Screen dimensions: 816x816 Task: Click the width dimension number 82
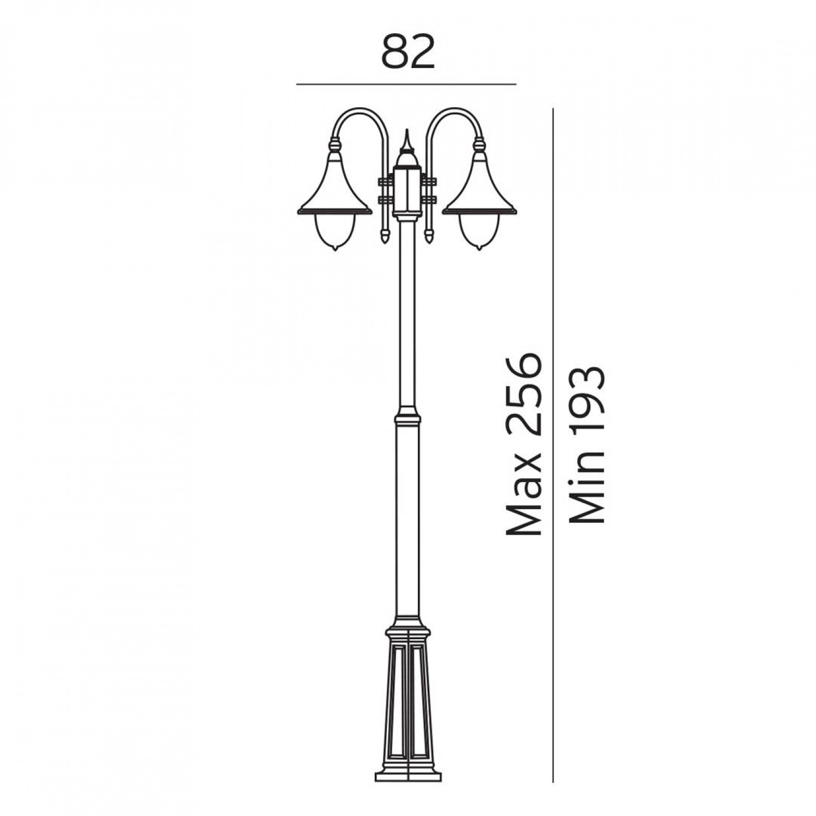(408, 53)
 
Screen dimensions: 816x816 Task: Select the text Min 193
(586, 444)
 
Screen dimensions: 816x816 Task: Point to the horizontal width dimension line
(406, 85)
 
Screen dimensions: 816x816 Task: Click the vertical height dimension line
(553, 445)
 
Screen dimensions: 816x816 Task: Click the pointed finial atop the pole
(406, 143)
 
